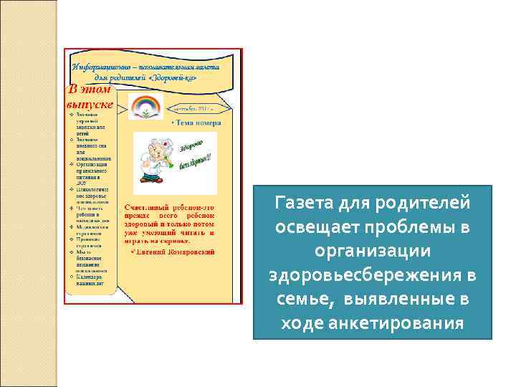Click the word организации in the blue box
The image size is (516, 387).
pyautogui.click(x=373, y=252)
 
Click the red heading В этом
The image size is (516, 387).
pyautogui.click(x=90, y=90)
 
